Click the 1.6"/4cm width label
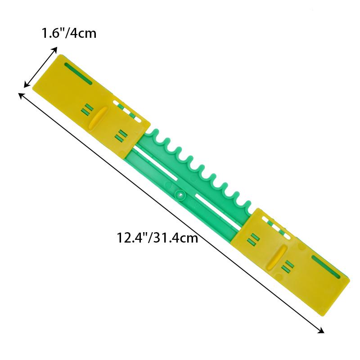click(69, 33)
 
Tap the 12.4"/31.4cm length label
click(157, 238)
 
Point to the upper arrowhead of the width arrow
click(54, 50)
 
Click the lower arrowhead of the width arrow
click(27, 84)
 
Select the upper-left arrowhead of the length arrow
click(22, 95)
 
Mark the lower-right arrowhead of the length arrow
click(320, 330)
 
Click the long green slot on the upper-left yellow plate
click(78, 73)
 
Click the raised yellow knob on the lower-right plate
click(277, 257)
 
